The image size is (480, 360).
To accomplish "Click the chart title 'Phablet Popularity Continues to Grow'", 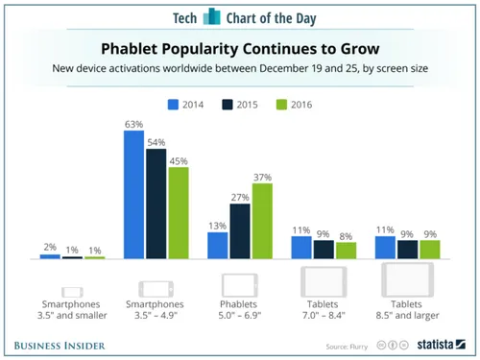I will [240, 47].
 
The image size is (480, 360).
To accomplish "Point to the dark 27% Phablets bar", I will [239, 231].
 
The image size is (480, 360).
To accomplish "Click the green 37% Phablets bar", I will [261, 221].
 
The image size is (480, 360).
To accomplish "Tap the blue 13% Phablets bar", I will [217, 246].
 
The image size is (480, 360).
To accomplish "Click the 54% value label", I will [156, 141].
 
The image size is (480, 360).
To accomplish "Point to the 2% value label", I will [51, 247].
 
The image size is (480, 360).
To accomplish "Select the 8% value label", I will [345, 234].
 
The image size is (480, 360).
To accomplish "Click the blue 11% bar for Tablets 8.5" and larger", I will [385, 248].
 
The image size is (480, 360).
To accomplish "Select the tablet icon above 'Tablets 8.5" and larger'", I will [407, 282].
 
